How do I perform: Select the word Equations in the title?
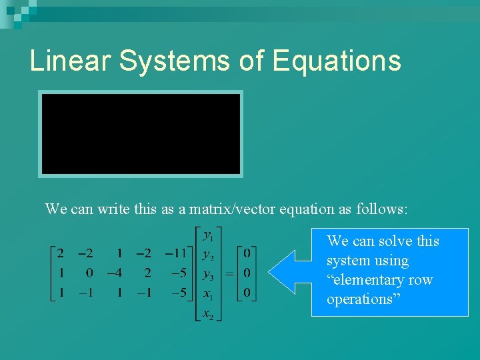point(337,61)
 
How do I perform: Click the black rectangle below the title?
point(141,134)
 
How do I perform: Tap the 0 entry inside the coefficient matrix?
point(90,273)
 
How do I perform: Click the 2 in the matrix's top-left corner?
point(61,253)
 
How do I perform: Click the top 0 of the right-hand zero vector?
point(247,253)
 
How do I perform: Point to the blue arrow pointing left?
point(287,272)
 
